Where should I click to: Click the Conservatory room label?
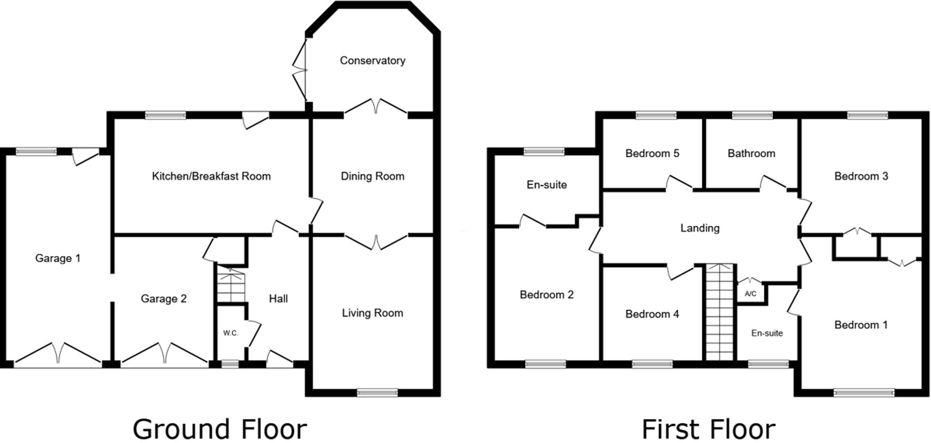point(372,61)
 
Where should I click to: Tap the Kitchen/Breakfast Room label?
point(211,176)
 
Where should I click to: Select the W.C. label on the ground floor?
point(230,333)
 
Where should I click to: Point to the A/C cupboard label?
point(750,294)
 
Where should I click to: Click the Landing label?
point(700,228)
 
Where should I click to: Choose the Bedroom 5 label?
point(652,153)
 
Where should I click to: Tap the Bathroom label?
point(751,153)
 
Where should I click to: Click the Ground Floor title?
point(220,429)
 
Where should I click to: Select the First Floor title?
point(708,429)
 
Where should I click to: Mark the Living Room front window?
point(377,392)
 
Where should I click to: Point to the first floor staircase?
point(719,312)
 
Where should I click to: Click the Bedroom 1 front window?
point(864,392)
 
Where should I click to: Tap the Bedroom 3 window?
point(867,115)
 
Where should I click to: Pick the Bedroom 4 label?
point(652,314)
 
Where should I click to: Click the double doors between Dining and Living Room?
point(376,242)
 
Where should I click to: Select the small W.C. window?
point(230,364)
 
